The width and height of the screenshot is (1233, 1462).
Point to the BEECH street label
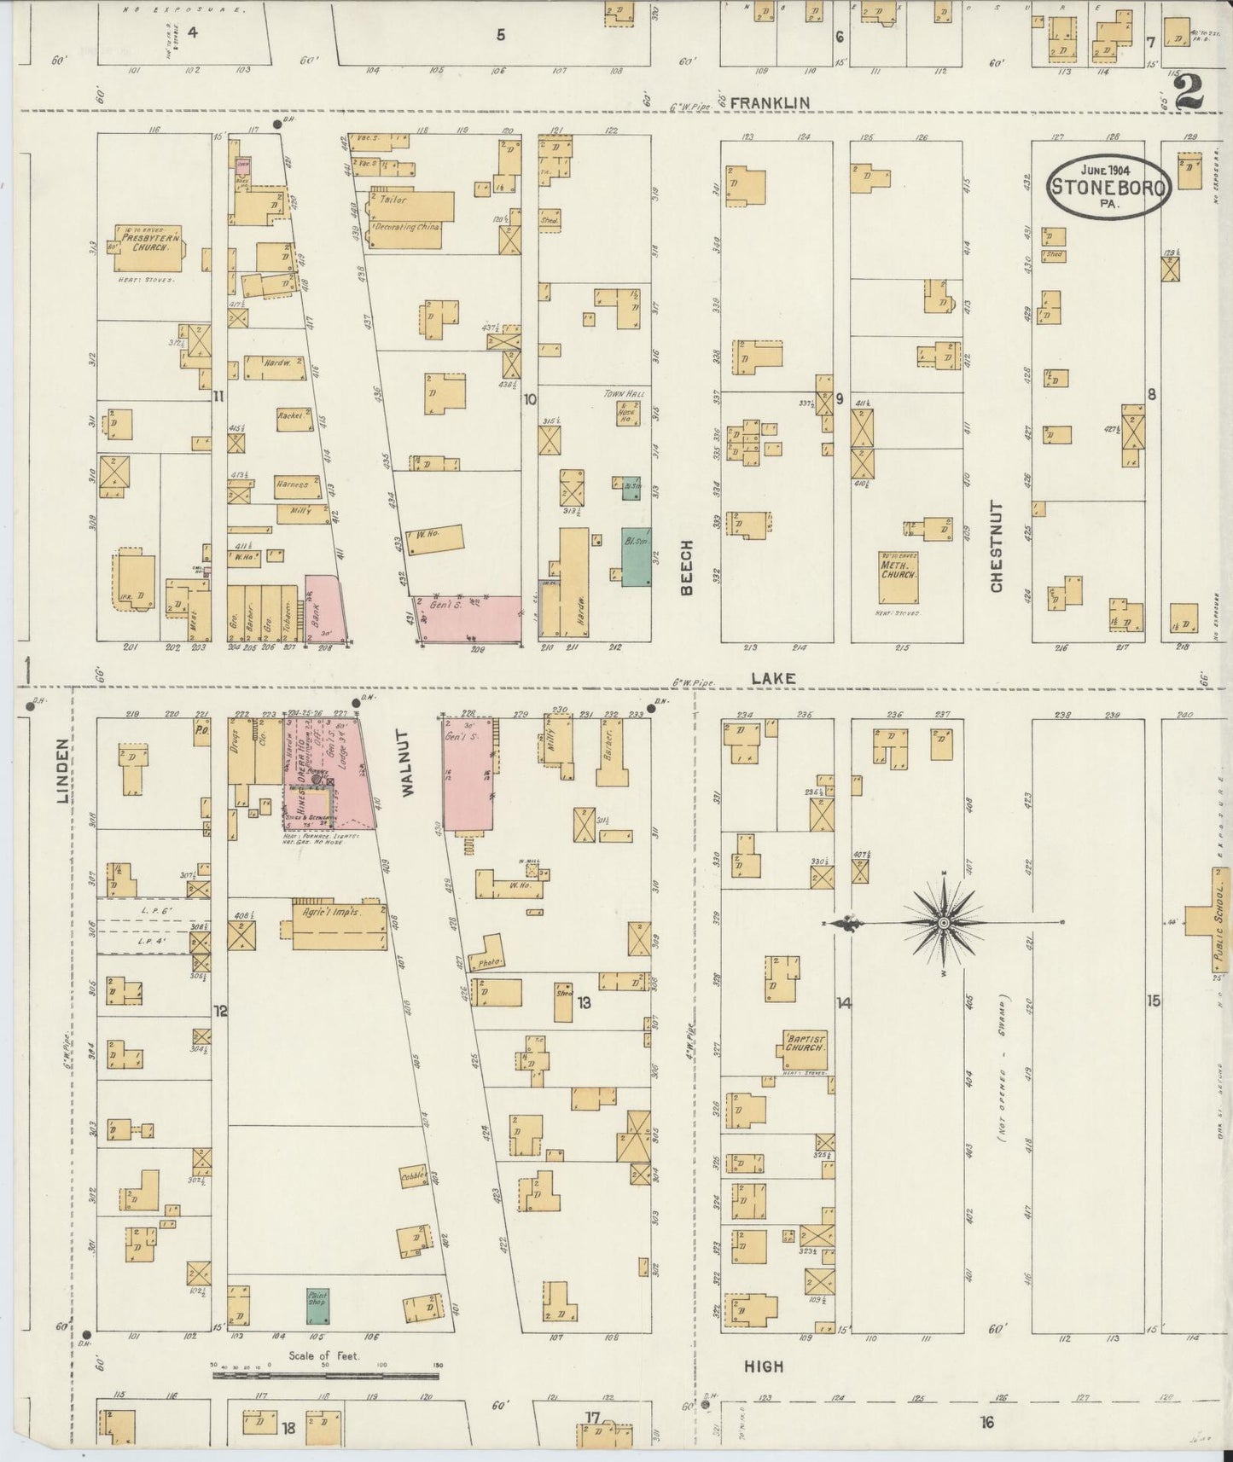click(x=687, y=567)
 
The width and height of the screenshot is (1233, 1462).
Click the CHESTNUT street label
click(x=997, y=546)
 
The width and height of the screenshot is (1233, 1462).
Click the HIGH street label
click(x=763, y=1366)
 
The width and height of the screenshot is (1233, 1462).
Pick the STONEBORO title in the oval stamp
click(x=1108, y=187)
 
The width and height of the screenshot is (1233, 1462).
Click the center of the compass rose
click(x=944, y=923)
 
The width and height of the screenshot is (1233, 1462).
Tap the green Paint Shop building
click(x=318, y=1307)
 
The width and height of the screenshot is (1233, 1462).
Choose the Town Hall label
click(x=625, y=394)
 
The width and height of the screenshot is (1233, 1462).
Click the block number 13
click(x=584, y=1002)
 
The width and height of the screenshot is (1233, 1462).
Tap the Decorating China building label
click(x=407, y=228)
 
